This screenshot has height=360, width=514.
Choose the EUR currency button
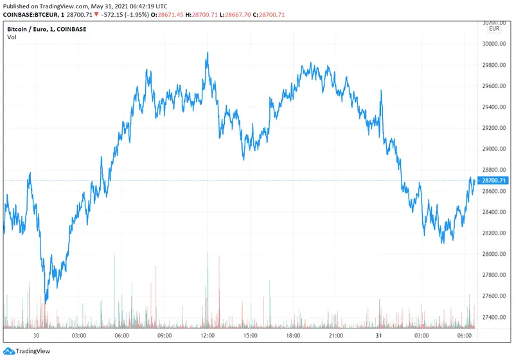(494, 29)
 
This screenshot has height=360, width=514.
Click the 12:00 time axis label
(208, 336)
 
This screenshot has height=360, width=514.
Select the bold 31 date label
(379, 336)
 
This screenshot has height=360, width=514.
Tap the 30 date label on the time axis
(37, 336)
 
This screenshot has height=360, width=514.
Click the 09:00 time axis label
(164, 336)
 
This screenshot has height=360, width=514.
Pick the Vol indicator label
(12, 37)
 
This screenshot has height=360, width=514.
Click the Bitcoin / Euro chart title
(46, 29)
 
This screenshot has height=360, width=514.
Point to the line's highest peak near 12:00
(208, 53)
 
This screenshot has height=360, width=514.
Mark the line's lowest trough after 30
(46, 301)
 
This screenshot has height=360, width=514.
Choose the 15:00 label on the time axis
(251, 336)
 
